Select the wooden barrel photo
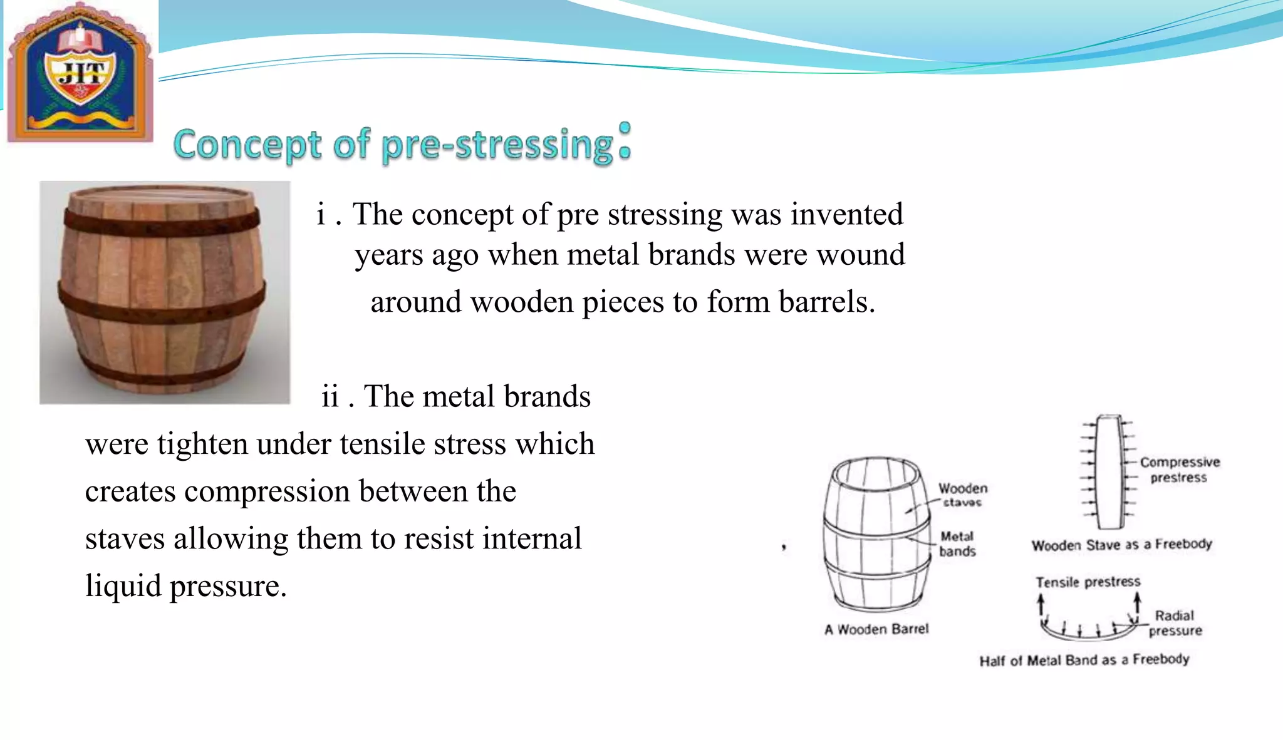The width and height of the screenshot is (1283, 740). pyautogui.click(x=164, y=292)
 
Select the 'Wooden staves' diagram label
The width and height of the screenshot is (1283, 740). pyautogui.click(x=963, y=495)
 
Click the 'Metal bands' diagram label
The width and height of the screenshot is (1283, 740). pyautogui.click(x=957, y=544)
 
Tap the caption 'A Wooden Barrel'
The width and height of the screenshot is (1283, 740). pyautogui.click(x=876, y=629)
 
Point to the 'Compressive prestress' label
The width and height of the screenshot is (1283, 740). pyautogui.click(x=1179, y=470)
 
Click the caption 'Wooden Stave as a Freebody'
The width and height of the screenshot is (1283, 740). pyautogui.click(x=1121, y=545)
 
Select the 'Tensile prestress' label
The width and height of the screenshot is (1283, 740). pyautogui.click(x=1088, y=582)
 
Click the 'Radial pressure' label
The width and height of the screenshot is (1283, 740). pyautogui.click(x=1175, y=623)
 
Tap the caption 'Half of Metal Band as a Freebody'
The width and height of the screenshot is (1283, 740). pyautogui.click(x=1084, y=660)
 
